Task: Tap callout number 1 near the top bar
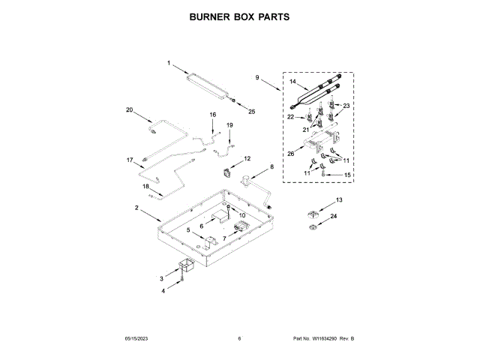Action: [x=169, y=63]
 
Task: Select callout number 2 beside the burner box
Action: [x=136, y=207]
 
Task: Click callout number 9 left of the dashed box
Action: [x=256, y=77]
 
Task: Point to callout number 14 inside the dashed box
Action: [x=293, y=81]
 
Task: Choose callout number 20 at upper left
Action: [x=129, y=110]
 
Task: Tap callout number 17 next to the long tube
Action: [x=129, y=160]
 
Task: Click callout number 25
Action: [x=252, y=112]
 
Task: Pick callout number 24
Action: [x=334, y=217]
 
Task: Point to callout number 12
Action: [x=247, y=159]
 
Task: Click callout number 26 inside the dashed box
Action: [x=290, y=154]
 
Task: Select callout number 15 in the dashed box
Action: [x=347, y=175]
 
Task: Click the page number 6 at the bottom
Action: [x=239, y=339]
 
